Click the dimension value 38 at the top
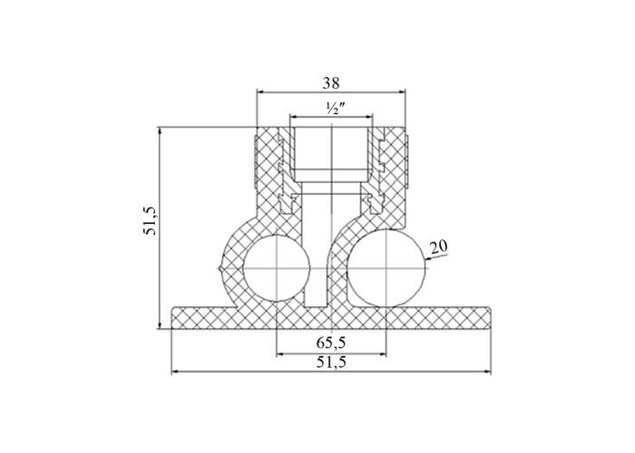pos(331,83)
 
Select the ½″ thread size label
pos(332,109)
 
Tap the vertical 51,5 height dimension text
pos(151,220)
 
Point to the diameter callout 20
pos(438,246)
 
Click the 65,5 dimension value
pos(331,342)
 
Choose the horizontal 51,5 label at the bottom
pos(331,362)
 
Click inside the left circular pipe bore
pos(277,267)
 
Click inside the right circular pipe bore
pos(386,267)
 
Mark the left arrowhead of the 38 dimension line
pos(261,92)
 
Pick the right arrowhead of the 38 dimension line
pos(401,92)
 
